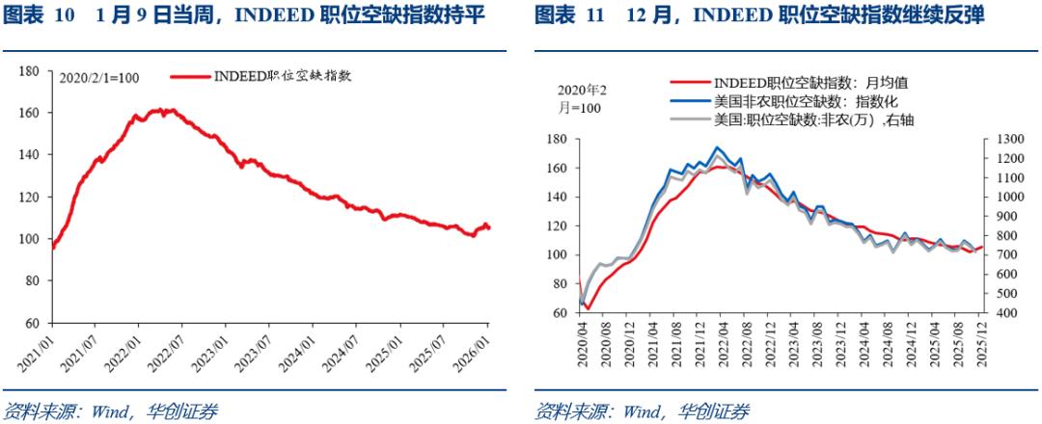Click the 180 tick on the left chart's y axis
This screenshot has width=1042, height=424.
[x=29, y=70]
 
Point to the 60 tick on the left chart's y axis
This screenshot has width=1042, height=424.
[x=32, y=323]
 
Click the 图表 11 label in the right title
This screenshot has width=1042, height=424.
[x=570, y=15]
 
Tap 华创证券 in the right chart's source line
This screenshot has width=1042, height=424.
[x=716, y=412]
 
